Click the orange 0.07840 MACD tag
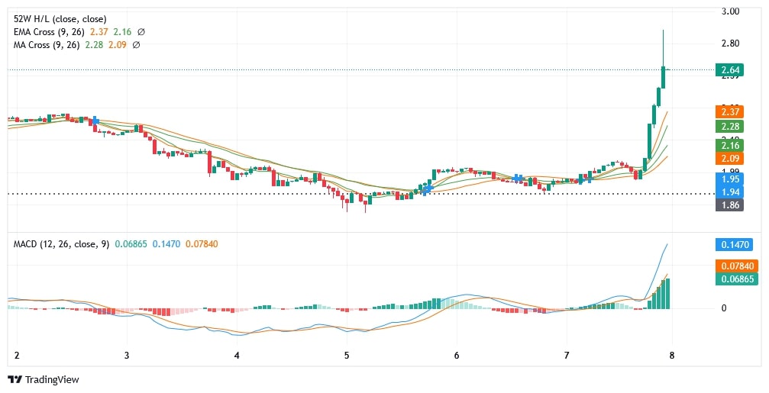[x=732, y=266]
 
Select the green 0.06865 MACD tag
[x=732, y=279]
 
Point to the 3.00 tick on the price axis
[x=730, y=11]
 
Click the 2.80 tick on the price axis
[x=730, y=43]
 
